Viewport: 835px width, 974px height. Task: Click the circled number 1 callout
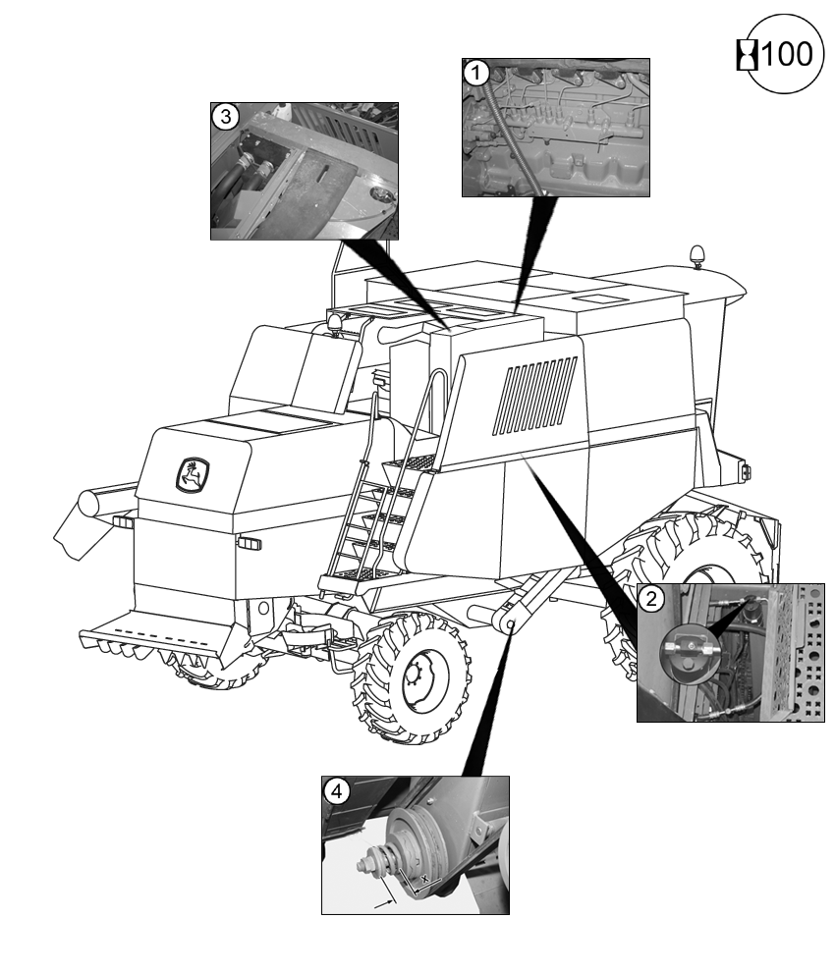476,72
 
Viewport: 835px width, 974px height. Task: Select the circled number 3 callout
226,116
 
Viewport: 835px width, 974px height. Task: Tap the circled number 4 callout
336,790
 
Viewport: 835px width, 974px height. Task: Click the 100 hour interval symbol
777,54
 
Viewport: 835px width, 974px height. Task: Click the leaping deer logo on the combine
192,476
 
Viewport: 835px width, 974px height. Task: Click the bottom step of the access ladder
354,573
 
